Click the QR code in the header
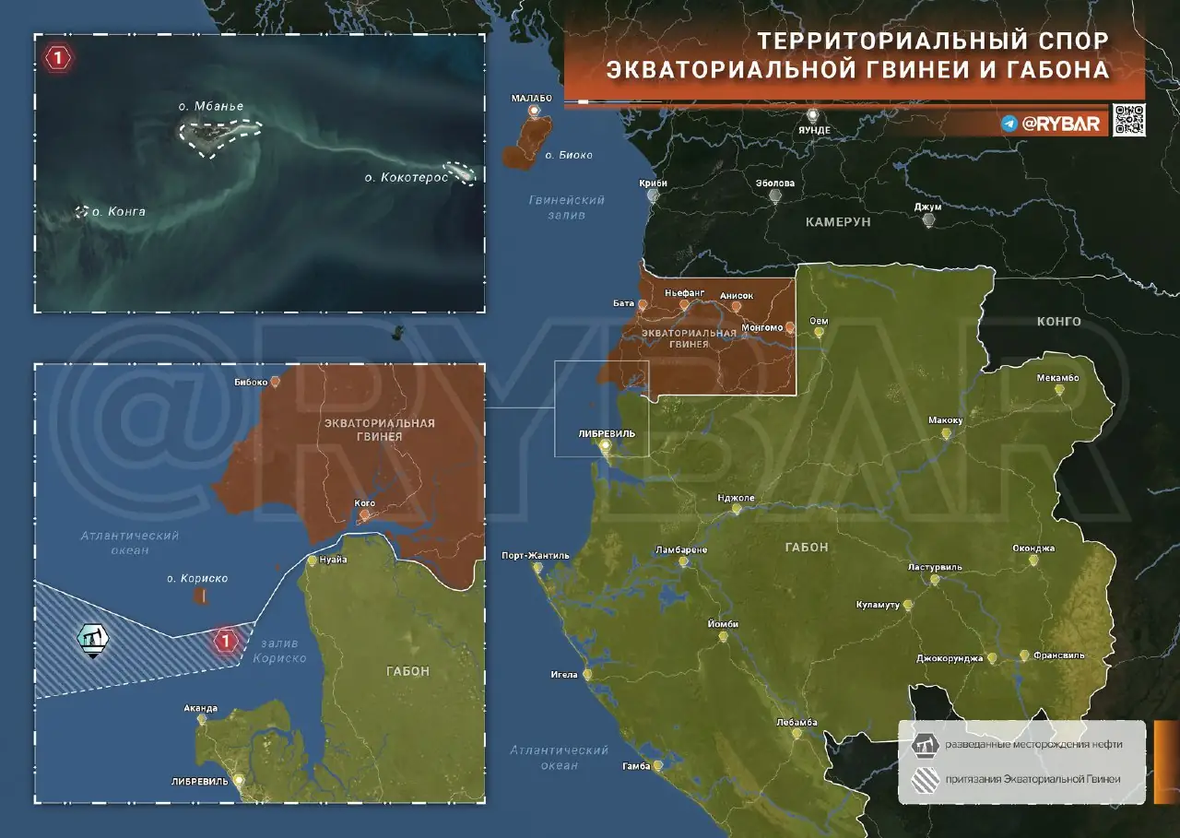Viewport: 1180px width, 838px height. (x=1128, y=120)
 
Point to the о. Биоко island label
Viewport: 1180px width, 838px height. (x=575, y=155)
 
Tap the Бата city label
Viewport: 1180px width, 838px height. (x=623, y=302)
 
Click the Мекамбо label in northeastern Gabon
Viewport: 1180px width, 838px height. (x=1057, y=377)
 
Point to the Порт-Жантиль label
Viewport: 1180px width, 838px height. (x=536, y=556)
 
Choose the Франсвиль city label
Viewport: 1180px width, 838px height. (x=1057, y=655)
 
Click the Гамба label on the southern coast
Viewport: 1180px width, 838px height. (x=636, y=766)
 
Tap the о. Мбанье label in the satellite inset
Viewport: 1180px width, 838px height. (x=211, y=106)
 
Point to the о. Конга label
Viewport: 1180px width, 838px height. (x=118, y=212)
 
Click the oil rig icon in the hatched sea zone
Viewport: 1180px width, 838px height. (x=91, y=639)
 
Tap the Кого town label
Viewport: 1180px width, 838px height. (x=364, y=503)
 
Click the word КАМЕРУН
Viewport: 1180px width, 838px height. (x=838, y=222)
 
